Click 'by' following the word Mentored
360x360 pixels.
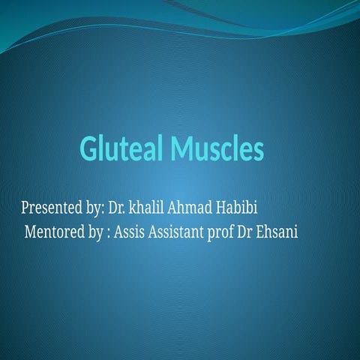click(x=94, y=232)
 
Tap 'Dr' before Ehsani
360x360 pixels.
click(x=248, y=232)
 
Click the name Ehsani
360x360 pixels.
click(x=280, y=232)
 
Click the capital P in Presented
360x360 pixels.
click(x=25, y=206)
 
